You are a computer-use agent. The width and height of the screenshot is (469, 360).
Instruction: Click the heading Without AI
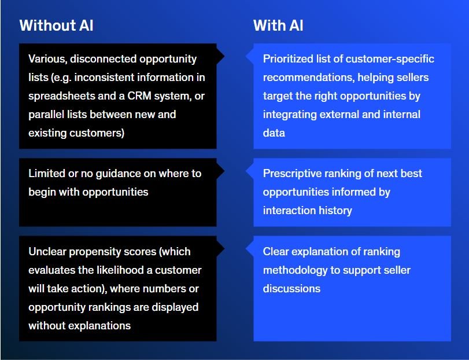click(x=56, y=25)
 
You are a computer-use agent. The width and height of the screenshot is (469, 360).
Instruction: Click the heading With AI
click(x=278, y=25)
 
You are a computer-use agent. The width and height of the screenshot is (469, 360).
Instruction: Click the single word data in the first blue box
click(x=274, y=133)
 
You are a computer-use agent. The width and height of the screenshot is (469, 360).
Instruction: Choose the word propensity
click(x=97, y=252)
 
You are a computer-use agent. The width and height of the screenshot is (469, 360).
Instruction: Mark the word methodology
click(x=295, y=270)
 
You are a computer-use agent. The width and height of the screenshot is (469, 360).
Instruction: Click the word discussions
click(x=291, y=288)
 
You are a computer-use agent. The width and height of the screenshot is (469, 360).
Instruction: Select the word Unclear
click(x=47, y=251)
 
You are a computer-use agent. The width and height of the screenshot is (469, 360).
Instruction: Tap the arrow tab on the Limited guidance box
click(x=220, y=171)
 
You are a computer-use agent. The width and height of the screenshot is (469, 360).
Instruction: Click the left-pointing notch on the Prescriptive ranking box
click(x=250, y=171)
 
